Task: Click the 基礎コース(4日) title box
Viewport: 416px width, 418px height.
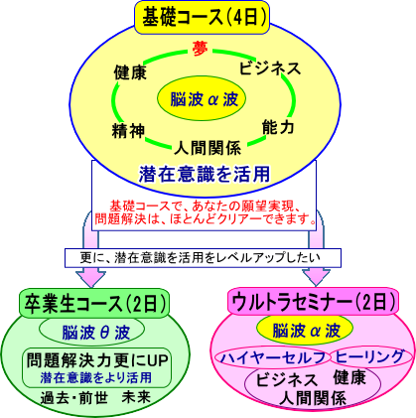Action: coord(202,18)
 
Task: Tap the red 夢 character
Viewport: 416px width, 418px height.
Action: coord(200,50)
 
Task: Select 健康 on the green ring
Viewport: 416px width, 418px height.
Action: coord(130,72)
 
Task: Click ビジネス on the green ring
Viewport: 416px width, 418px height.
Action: coord(270,69)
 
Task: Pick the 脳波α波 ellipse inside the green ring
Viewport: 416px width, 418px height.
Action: coord(202,98)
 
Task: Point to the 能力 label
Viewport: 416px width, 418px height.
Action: coord(278,127)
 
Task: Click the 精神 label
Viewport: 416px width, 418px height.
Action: coord(128,131)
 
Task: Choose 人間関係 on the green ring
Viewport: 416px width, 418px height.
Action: coord(208,148)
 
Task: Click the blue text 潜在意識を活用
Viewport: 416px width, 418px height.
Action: coord(205,174)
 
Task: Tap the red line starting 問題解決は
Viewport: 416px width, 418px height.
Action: coord(206,219)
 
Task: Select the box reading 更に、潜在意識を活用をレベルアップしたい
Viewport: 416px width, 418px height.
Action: coord(203,258)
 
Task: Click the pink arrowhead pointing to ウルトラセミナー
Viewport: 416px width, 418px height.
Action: coord(316,278)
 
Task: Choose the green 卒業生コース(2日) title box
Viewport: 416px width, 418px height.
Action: coord(94,303)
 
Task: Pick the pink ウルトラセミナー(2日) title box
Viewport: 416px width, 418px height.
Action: coord(314,301)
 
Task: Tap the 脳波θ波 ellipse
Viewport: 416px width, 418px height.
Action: coord(92,332)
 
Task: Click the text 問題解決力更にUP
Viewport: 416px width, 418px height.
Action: coord(97,359)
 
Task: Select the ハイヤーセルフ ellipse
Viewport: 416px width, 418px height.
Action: coord(273,357)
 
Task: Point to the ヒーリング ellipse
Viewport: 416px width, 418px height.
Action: coord(370,356)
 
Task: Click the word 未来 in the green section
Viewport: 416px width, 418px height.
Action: coord(136,397)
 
